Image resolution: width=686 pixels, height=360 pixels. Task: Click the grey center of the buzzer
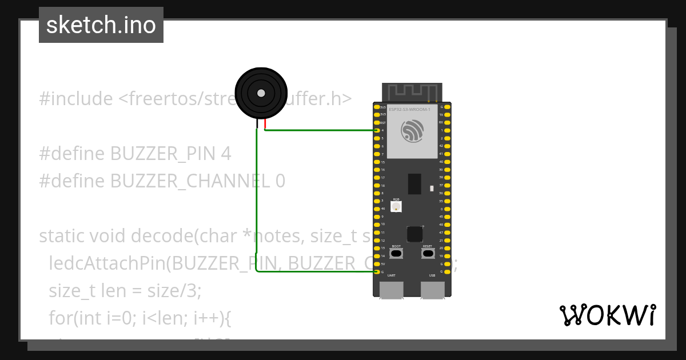tap(261, 93)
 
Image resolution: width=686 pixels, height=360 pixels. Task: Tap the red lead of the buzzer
tap(265, 124)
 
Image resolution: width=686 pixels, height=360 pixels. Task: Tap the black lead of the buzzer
tap(257, 124)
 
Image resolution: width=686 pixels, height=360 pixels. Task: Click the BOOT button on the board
tap(396, 253)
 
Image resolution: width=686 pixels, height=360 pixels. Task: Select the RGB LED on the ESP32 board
tap(396, 206)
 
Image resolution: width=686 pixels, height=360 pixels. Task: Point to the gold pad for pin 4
tap(377, 130)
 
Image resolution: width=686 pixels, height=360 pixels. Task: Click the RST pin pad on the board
tap(377, 122)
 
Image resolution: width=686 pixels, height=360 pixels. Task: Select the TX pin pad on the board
tap(447, 114)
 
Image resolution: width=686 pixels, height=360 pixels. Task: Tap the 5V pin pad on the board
tap(377, 264)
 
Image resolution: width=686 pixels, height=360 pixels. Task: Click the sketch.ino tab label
tap(101, 25)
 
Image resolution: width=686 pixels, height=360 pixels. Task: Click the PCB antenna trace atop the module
tap(412, 91)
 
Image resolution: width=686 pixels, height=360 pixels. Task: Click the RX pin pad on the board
tap(447, 122)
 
